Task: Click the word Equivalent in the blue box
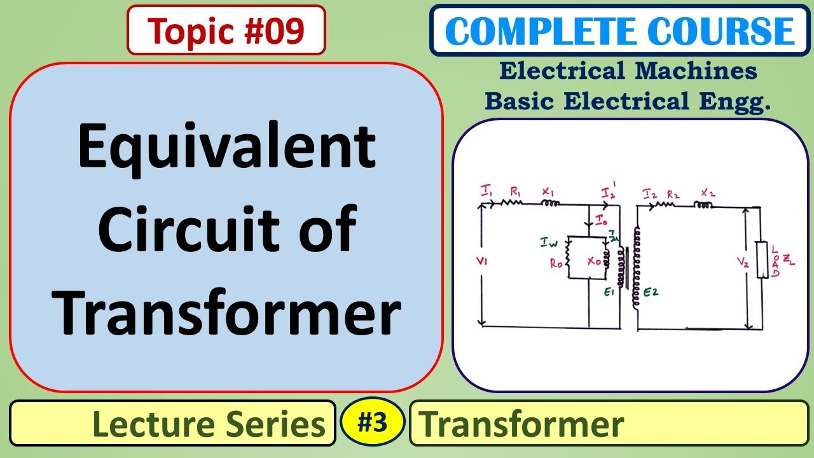point(226,148)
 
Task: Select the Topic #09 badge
point(226,30)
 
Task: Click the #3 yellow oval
point(372,422)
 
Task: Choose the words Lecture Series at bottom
point(209,424)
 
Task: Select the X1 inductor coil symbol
point(550,204)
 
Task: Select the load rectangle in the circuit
point(761,260)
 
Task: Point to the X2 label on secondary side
point(707,191)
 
